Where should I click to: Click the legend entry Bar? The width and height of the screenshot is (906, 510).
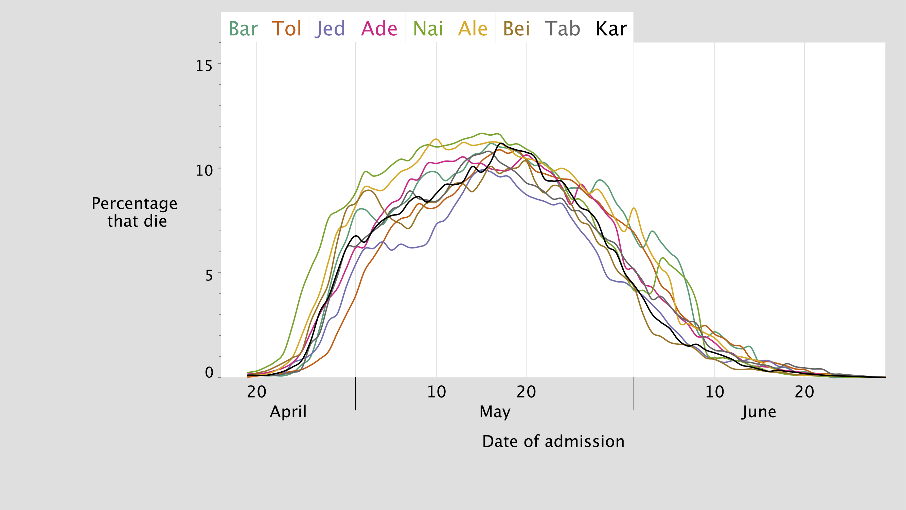(243, 29)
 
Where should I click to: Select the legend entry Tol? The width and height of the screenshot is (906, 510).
(287, 29)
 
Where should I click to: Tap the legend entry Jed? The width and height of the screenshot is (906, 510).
(331, 29)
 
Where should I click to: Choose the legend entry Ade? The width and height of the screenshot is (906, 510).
(379, 29)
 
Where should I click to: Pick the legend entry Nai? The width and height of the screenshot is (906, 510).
(428, 29)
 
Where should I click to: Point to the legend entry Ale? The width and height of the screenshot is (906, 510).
(473, 29)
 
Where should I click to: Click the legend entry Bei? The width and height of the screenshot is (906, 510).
(516, 29)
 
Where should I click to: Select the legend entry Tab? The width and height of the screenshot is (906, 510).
(562, 29)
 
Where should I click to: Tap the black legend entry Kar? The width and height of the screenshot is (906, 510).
(611, 29)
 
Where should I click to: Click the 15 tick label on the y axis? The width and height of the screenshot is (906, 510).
(204, 66)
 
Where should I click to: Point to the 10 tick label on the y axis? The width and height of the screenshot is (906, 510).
(204, 171)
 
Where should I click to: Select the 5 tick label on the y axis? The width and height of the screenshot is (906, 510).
(209, 276)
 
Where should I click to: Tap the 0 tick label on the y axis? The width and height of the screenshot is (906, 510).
(209, 372)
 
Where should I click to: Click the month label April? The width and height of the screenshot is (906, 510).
(288, 412)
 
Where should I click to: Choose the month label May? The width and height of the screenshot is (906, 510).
(495, 412)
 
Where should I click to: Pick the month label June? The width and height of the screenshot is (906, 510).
(759, 412)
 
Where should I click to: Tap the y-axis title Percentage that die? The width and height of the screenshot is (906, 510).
(135, 212)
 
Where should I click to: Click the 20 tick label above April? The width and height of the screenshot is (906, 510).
(256, 392)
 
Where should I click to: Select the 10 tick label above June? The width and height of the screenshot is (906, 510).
(715, 392)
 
